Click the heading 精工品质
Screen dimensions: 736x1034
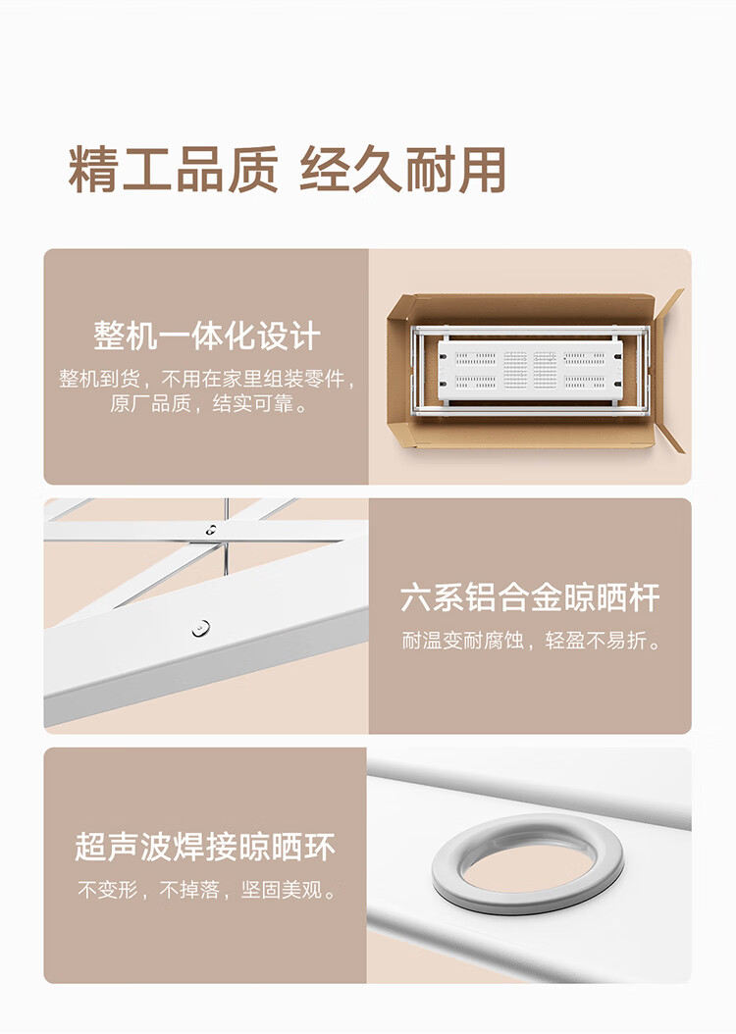coord(174,170)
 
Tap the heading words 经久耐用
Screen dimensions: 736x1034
coord(403,170)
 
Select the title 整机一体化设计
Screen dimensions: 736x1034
coord(206,336)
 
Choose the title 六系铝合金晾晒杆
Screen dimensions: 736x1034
coord(530,597)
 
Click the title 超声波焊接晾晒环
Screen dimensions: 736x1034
coord(205,847)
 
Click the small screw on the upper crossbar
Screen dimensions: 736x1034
coord(211,529)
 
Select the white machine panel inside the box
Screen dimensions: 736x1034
coord(531,369)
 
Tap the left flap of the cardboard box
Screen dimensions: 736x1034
coord(399,373)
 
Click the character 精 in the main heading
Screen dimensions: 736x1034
coord(93,170)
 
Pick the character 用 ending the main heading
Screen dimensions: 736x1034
coord(483,170)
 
